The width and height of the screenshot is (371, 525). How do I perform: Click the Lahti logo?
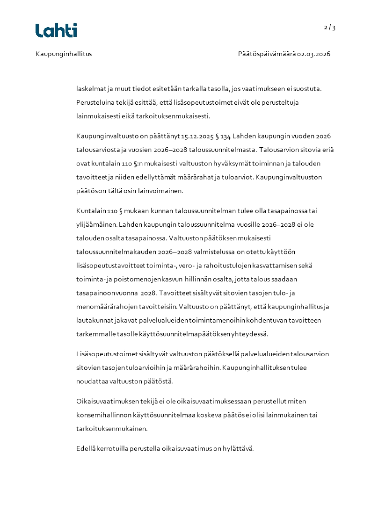[x=56, y=30]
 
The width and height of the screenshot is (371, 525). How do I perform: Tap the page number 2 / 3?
[x=330, y=28]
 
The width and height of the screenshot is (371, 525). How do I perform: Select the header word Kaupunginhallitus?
[x=64, y=54]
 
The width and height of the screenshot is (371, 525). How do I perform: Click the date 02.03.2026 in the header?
[x=314, y=54]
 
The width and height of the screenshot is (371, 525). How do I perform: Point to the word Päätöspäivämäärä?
[x=267, y=54]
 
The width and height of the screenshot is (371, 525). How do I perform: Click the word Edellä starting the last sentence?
[x=86, y=448]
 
